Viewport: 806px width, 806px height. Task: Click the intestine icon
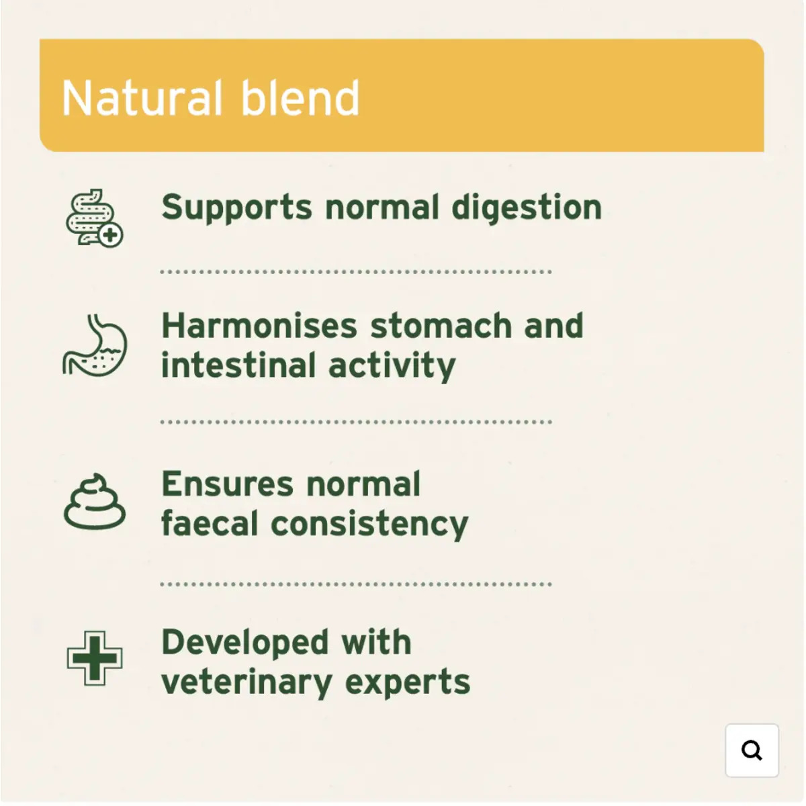94,218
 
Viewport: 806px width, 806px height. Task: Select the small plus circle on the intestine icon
111,235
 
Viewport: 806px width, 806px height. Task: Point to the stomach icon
95,345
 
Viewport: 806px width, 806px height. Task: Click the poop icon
95,502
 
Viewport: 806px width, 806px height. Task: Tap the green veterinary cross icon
95,658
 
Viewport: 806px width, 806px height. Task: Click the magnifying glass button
752,750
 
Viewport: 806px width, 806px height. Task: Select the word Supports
236,208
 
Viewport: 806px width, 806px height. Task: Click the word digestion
527,208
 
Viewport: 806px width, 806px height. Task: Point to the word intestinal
238,365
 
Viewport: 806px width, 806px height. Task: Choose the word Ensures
228,484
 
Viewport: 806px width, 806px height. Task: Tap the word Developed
245,643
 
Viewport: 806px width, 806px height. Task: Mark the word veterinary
247,683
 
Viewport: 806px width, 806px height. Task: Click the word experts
408,684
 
